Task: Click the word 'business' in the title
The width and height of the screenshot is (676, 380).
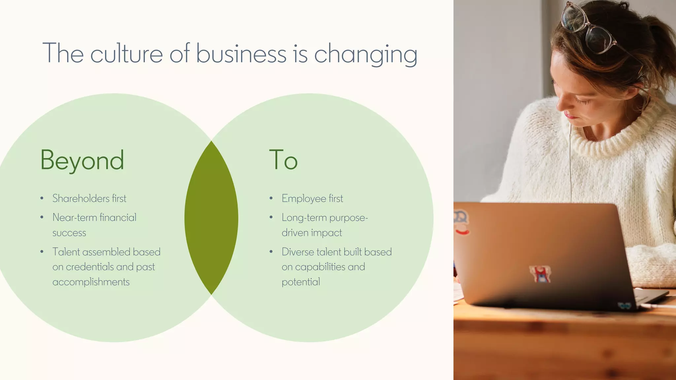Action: tap(241, 53)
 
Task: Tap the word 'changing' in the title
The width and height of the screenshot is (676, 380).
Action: tap(366, 54)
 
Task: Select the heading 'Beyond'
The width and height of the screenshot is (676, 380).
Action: tap(82, 160)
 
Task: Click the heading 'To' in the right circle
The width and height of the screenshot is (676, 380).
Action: tap(283, 160)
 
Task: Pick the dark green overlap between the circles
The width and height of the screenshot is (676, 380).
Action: tap(211, 218)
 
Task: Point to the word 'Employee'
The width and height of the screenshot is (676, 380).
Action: tap(304, 199)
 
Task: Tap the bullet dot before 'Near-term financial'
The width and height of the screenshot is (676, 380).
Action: tap(42, 217)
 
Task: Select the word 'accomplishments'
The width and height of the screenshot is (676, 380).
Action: tap(91, 282)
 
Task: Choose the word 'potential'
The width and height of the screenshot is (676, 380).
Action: tap(301, 282)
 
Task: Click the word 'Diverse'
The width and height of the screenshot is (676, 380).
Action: tap(297, 252)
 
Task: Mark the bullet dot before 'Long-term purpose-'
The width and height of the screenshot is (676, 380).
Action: tap(271, 217)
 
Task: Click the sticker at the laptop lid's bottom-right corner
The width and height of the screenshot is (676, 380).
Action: tap(624, 305)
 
